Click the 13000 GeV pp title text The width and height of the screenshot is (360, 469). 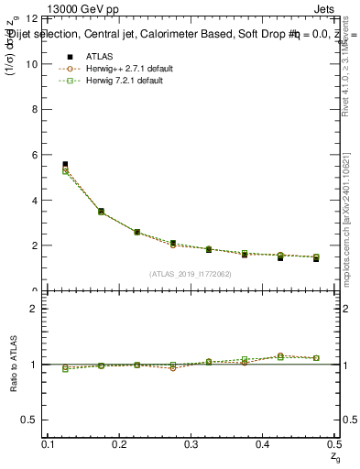pos(82,10)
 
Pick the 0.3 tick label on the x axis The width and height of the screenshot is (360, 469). pos(191,443)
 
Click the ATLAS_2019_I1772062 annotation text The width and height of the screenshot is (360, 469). pos(191,274)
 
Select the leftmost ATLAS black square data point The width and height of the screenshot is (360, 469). pos(65,165)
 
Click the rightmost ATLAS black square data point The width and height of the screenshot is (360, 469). pos(316,259)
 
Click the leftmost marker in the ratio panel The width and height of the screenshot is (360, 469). pos(65,368)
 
